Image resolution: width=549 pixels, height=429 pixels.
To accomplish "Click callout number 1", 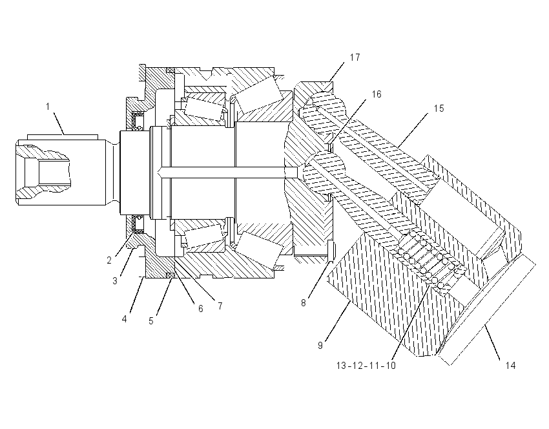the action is tap(48, 107).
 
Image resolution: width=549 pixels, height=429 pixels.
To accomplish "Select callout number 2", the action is tap(109, 260).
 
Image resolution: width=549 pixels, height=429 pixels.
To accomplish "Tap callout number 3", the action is tap(115, 281).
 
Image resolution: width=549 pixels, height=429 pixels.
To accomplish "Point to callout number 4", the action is tap(124, 319).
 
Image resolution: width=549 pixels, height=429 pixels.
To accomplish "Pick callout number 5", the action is tap(151, 321).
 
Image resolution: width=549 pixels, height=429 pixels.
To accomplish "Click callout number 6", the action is tap(201, 309).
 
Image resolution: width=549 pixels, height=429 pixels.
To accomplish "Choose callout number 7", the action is tap(220, 306).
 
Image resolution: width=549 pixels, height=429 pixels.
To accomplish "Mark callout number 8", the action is tap(304, 303).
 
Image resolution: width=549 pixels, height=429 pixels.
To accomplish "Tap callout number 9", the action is tap(320, 345).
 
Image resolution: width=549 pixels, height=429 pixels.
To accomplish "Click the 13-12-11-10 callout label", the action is tap(366, 366).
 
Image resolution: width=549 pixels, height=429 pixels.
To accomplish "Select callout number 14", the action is tap(510, 366).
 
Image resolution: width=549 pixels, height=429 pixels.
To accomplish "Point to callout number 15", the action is tap(439, 109).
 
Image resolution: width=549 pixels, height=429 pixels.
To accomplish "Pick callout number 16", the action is tap(377, 94).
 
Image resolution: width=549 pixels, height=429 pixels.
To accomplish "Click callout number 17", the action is tap(355, 58).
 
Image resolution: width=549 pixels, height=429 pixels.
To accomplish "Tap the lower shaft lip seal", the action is tap(137, 224).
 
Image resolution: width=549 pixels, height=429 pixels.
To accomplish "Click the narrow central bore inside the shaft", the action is tap(227, 172).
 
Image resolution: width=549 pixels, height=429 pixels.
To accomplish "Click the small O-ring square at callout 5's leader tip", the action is tap(171, 275).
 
